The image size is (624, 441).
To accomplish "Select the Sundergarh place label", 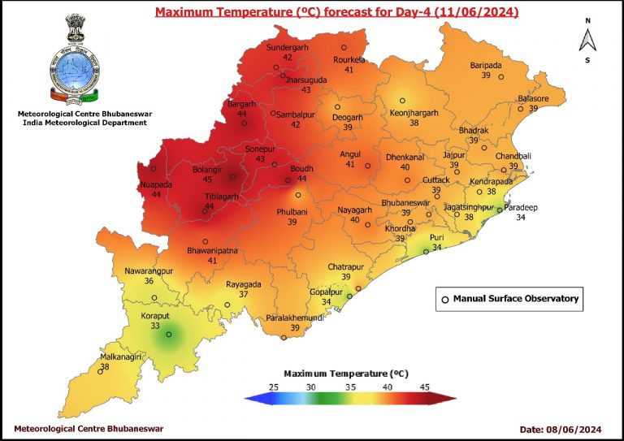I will pyautogui.click(x=289, y=47).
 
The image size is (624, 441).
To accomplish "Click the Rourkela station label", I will pyautogui.click(x=350, y=60).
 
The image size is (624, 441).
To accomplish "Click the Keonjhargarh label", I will pyautogui.click(x=414, y=112).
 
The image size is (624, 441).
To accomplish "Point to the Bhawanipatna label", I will pyautogui.click(x=211, y=251).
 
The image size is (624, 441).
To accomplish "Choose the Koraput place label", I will pyautogui.click(x=154, y=315).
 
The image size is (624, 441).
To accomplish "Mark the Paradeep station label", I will pyautogui.click(x=521, y=207).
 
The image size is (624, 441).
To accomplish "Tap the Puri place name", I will pyautogui.click(x=436, y=237).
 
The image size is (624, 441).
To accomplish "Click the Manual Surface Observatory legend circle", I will pyautogui.click(x=444, y=300).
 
